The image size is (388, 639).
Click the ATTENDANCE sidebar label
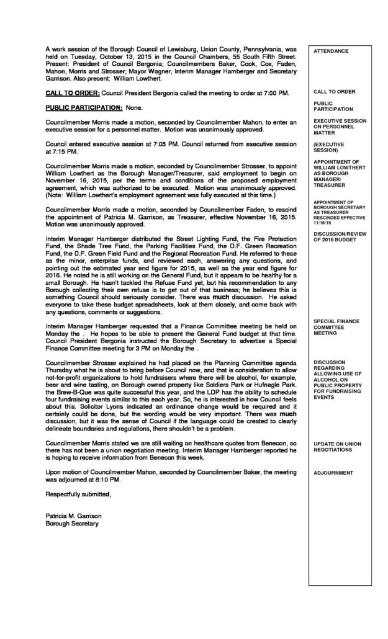coord(331,50)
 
